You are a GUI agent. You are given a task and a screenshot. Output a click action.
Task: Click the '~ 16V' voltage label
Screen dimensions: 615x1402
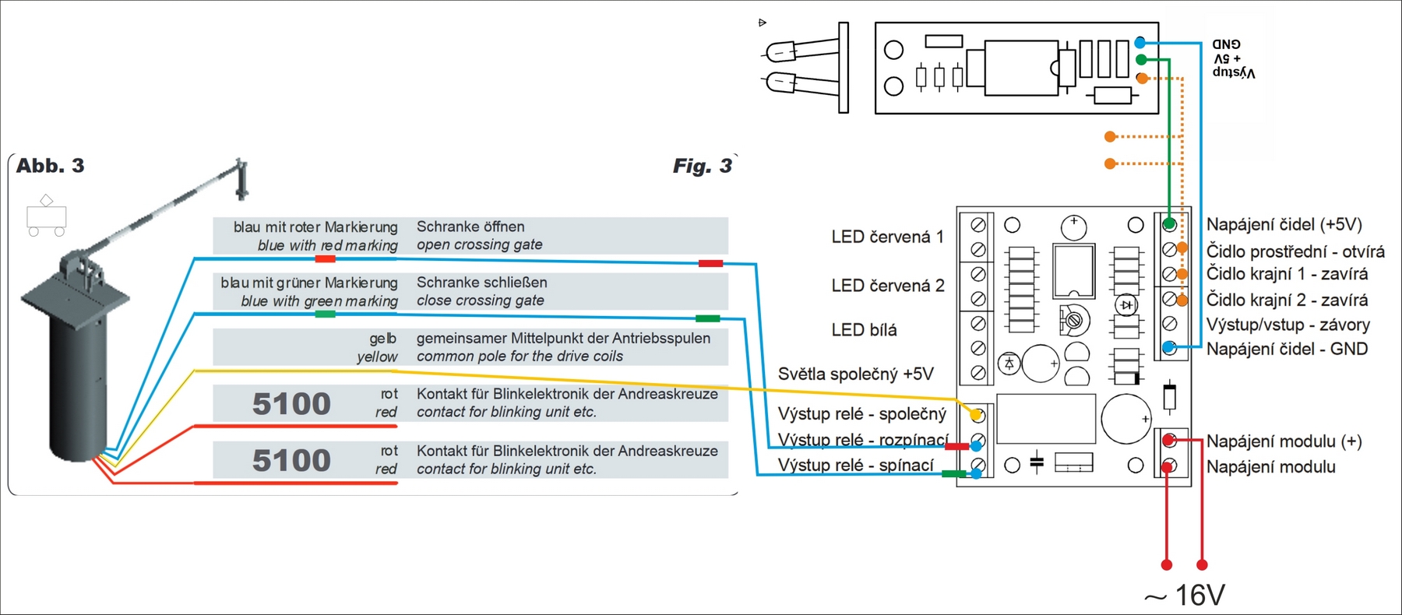1185,596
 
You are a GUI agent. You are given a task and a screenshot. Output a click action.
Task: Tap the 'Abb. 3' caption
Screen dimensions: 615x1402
50,166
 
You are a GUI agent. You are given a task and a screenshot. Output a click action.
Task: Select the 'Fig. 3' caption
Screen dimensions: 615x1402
702,166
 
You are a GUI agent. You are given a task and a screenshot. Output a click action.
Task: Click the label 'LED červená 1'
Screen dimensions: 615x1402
887,237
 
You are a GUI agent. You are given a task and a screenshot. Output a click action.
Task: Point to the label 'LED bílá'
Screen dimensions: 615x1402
864,330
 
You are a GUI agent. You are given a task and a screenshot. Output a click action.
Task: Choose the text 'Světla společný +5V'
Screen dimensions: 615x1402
855,374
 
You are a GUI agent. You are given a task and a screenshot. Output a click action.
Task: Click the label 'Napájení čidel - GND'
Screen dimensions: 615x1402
1287,349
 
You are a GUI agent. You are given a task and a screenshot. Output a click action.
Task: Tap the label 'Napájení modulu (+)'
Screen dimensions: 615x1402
1284,441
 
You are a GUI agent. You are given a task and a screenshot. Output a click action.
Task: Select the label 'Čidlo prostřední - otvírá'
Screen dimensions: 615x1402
1295,251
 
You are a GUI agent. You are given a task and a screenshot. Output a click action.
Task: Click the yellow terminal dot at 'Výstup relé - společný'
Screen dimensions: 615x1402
976,415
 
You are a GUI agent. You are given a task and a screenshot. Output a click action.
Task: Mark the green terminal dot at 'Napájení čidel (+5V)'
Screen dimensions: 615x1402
1169,224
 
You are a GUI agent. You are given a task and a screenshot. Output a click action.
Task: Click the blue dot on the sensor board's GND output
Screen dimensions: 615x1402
1140,42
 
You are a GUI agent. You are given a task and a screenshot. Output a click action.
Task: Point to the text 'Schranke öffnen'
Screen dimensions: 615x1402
470,227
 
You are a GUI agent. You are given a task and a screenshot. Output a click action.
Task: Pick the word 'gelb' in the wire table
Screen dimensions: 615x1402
383,339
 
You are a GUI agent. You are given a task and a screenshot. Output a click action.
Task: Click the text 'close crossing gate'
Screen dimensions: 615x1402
480,300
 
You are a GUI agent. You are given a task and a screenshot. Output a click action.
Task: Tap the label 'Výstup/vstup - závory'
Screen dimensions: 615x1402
1288,325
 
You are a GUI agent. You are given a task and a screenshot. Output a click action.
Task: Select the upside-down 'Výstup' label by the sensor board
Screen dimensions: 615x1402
1234,72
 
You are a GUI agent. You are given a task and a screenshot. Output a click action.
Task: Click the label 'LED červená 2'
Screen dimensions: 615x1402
887,286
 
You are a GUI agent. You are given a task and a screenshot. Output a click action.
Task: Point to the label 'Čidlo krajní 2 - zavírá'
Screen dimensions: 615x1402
1287,300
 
